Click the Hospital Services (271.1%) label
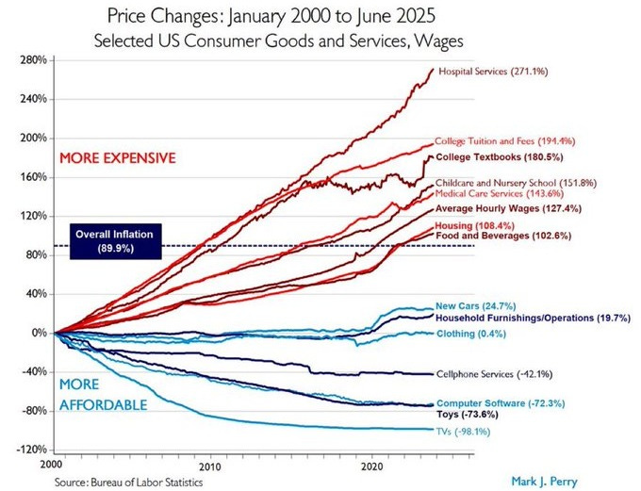(x=493, y=72)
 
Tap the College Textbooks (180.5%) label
(x=500, y=157)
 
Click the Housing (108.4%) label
(x=474, y=225)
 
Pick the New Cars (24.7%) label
(x=475, y=305)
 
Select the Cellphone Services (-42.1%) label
(x=494, y=374)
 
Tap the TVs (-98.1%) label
(x=463, y=432)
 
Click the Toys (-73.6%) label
(x=468, y=414)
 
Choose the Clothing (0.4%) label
(x=471, y=334)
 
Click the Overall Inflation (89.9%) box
(x=116, y=241)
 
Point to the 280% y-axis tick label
(x=33, y=60)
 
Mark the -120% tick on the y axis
(x=32, y=450)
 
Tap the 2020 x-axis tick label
(x=373, y=466)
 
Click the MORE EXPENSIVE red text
(x=118, y=157)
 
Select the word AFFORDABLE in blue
(x=103, y=404)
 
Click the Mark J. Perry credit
(x=544, y=481)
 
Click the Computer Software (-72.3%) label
(x=501, y=403)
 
